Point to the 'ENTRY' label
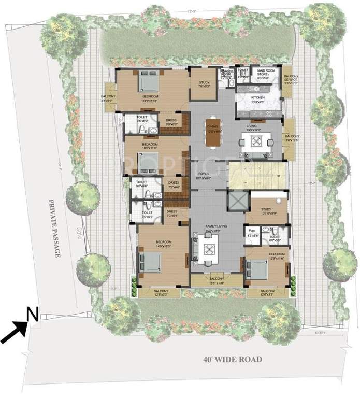(x=320, y=332)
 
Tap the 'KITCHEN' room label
(x=258, y=97)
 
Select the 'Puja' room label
(x=253, y=228)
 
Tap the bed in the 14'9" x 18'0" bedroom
(x=150, y=264)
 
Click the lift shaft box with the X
(x=238, y=200)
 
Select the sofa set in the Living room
(x=256, y=143)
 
